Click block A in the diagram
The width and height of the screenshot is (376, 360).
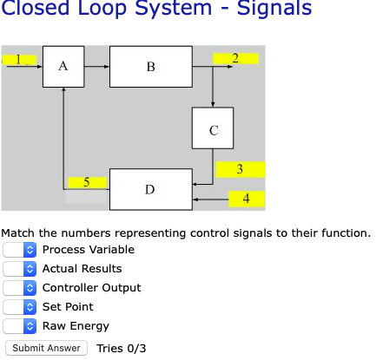pyautogui.click(x=63, y=66)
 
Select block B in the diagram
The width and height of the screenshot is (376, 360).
pyautogui.click(x=150, y=66)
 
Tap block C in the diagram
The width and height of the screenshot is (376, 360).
pyautogui.click(x=214, y=130)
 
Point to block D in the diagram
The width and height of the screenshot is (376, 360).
pyautogui.click(x=150, y=189)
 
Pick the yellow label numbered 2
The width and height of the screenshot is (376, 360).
pyautogui.click(x=235, y=58)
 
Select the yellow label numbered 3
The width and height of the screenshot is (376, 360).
pyautogui.click(x=240, y=168)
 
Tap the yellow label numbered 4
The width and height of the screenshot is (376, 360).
pyautogui.click(x=247, y=199)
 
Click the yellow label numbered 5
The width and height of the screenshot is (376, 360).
pyautogui.click(x=87, y=182)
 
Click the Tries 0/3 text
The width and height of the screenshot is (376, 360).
pyautogui.click(x=122, y=348)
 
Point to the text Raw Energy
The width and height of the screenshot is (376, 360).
pyautogui.click(x=76, y=326)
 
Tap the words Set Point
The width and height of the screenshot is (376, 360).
pyautogui.click(x=68, y=307)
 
